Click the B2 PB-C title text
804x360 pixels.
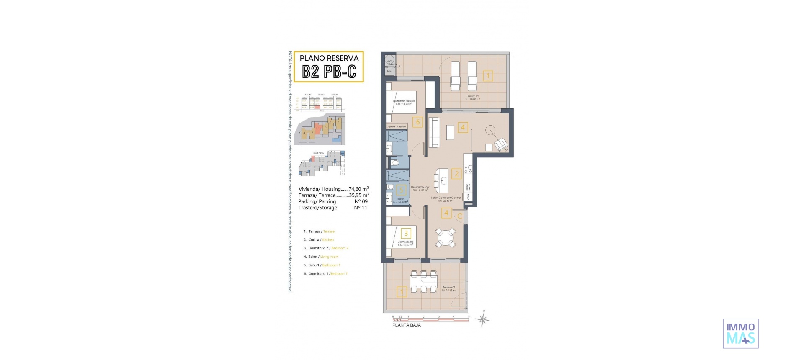(329, 72)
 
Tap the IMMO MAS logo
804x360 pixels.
(740, 333)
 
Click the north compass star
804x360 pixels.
(483, 320)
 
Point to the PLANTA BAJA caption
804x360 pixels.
(406, 325)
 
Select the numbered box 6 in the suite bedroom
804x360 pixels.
(417, 122)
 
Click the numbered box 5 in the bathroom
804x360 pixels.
(401, 190)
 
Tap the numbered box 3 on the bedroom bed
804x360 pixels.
(406, 233)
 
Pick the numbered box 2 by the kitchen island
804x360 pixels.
(456, 174)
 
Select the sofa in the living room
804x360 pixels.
(434, 133)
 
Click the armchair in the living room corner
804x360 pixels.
(501, 145)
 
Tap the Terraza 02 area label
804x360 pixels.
(472, 98)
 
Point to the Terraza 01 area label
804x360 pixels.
(448, 289)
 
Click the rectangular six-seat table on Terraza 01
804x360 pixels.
(423, 281)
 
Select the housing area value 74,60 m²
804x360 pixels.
(358, 189)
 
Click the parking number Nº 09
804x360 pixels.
(361, 201)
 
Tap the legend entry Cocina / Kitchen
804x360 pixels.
(321, 240)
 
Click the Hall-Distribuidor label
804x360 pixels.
(420, 188)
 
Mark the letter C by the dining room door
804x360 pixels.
(460, 216)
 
